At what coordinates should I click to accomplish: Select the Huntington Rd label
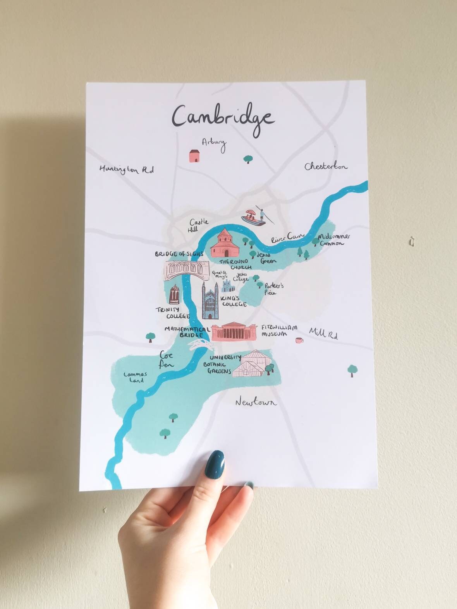[x=127, y=169]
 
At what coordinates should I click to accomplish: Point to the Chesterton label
[x=326, y=167]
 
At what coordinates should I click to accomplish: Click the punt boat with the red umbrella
[x=254, y=217]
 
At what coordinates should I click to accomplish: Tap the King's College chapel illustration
[x=210, y=301]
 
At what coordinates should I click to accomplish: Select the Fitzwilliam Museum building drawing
[x=234, y=332]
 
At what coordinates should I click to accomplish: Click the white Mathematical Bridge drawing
[x=199, y=344]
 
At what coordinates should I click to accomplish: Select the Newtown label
[x=256, y=402]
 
